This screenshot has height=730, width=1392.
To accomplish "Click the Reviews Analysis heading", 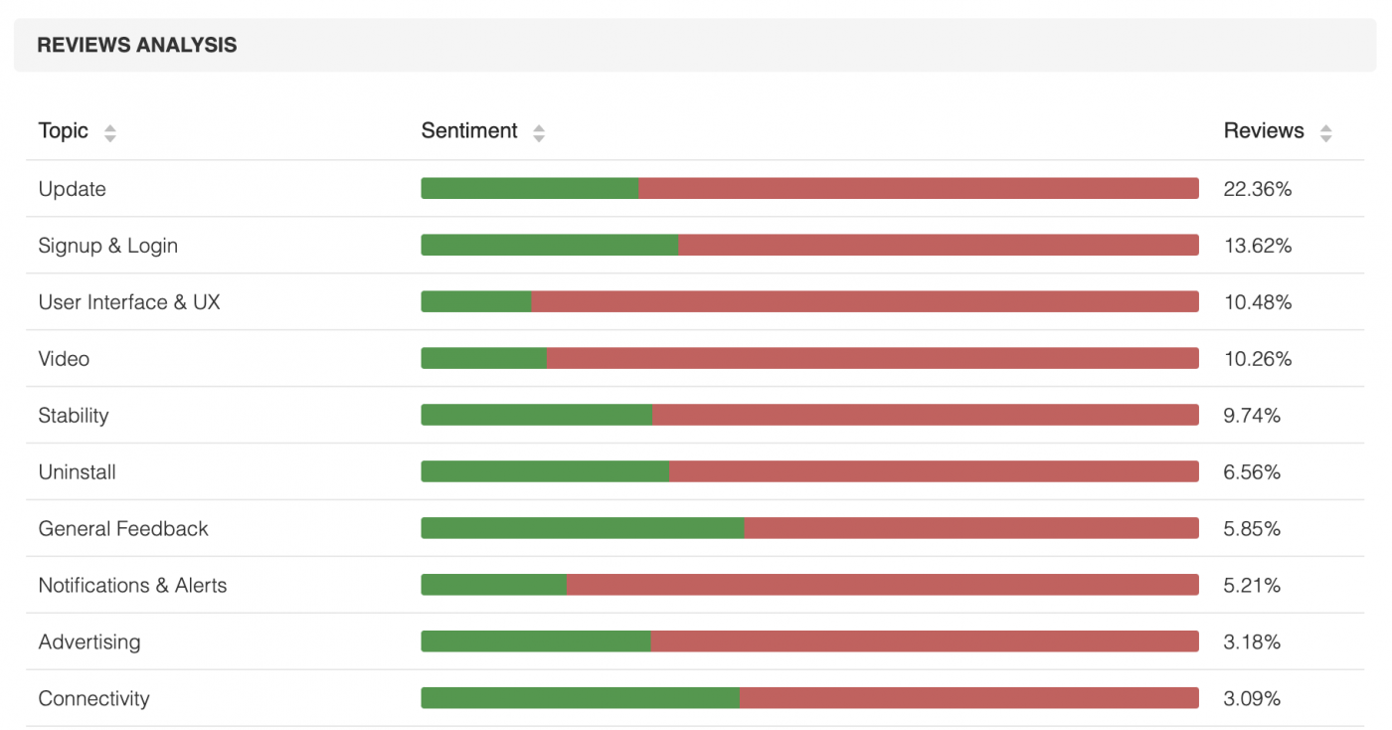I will [137, 45].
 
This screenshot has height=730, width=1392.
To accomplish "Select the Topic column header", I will [64, 131].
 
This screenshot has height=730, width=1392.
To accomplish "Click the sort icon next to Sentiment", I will [539, 132].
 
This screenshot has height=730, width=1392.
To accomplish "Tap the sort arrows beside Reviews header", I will [1325, 132].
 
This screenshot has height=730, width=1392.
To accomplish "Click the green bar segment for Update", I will [529, 188].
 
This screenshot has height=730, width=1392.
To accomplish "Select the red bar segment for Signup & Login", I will [938, 245].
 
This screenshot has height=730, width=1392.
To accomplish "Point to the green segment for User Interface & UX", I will [476, 301].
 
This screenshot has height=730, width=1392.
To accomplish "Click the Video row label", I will [64, 359].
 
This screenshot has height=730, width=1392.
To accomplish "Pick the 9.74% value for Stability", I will [1252, 416].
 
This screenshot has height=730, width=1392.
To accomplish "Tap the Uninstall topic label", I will [78, 472].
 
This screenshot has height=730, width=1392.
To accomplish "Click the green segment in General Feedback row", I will [583, 528].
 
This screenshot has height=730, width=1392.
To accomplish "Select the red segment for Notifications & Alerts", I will [882, 585].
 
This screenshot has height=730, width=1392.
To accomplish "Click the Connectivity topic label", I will [94, 698].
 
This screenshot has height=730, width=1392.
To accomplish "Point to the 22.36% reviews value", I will [1257, 189].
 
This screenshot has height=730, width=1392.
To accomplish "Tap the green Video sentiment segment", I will [483, 358].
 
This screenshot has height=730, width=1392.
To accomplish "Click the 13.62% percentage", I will [1257, 246].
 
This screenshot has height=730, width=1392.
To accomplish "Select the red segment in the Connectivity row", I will [968, 698].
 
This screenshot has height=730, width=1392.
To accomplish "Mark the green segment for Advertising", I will [536, 641].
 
